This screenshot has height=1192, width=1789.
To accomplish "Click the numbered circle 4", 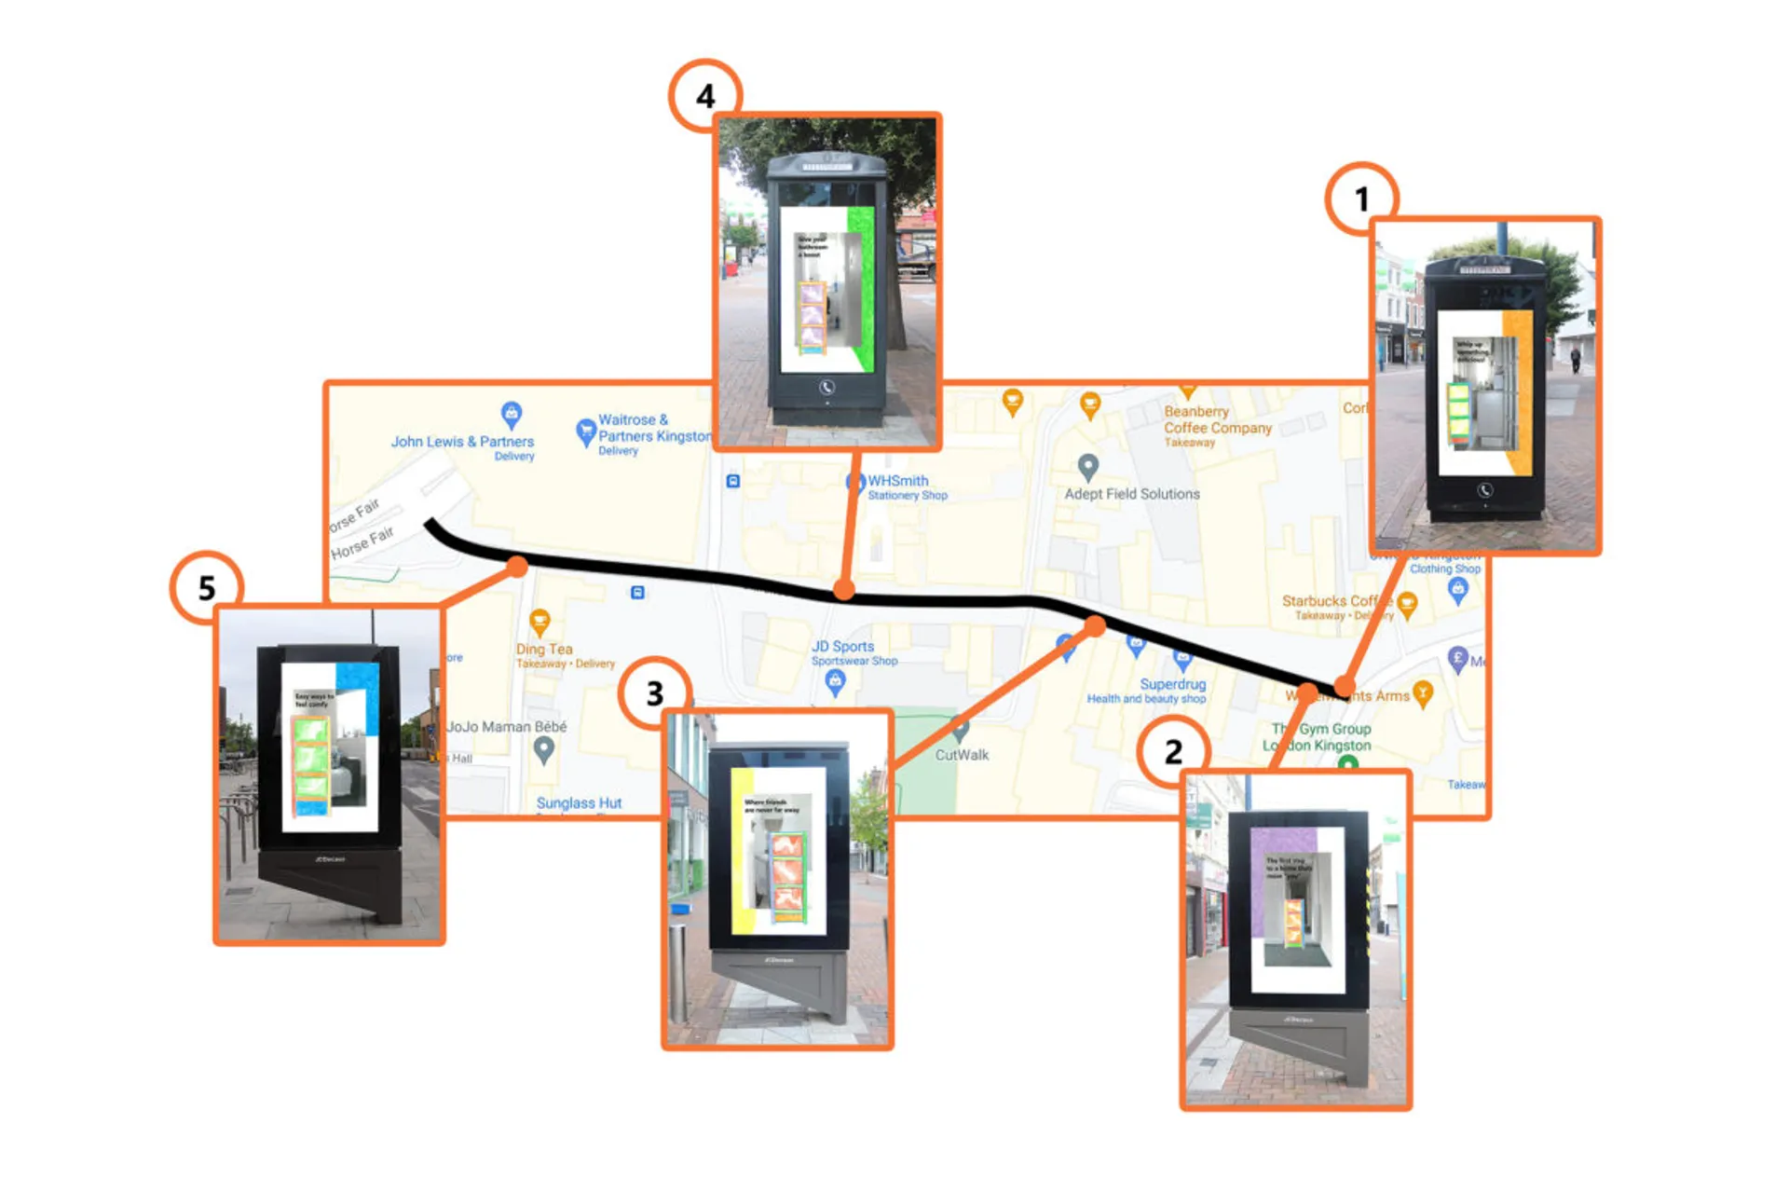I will point(705,96).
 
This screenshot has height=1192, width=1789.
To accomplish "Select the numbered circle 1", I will point(1361,199).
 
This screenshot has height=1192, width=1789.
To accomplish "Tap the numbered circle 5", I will point(207,587).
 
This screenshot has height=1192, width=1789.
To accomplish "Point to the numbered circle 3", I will point(655,693).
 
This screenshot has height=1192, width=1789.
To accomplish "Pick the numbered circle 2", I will point(1173,751).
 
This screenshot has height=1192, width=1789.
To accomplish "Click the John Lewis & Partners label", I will point(462,442).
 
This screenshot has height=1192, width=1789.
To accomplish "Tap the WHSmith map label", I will point(898,481).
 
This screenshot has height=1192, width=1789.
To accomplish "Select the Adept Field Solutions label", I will point(1132,494).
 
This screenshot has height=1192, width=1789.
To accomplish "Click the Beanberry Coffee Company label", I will point(1217,419).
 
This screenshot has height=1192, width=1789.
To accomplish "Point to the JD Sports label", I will point(842,646).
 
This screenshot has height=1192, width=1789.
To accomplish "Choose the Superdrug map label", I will point(1172,684).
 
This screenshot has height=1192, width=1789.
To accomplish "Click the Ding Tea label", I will point(544,649).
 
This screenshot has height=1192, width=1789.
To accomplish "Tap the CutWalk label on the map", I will point(962,755).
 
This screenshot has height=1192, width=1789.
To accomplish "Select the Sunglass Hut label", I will point(579,802).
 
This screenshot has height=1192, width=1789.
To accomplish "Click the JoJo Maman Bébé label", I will point(507,727).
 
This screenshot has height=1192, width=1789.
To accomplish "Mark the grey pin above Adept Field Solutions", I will point(1087,466).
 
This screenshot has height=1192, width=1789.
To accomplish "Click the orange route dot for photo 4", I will point(843,589).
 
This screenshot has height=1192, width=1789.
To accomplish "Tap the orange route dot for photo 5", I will point(518,566).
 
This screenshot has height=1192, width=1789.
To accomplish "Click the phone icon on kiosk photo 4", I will point(826,387).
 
